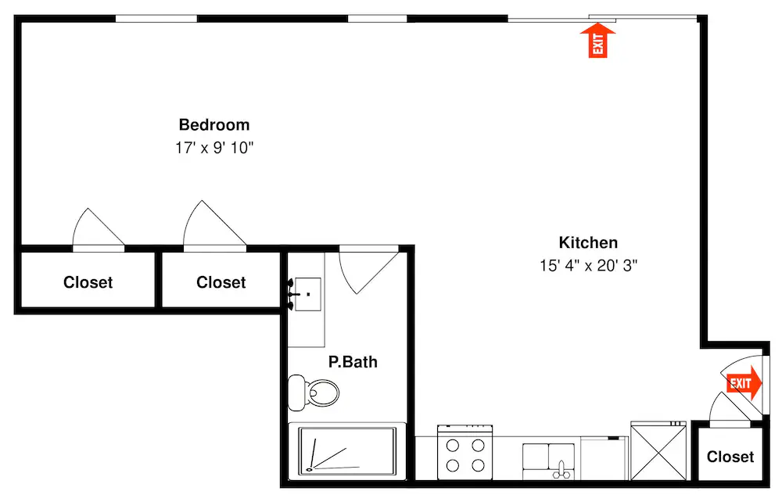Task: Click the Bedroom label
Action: point(214,124)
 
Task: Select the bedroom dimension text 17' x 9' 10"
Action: point(214,148)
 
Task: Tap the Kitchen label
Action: point(588,242)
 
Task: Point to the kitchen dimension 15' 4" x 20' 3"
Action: point(589,265)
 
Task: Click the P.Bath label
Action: point(353,361)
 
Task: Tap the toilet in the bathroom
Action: point(314,393)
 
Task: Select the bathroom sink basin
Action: point(307,294)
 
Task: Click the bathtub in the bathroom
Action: point(347,450)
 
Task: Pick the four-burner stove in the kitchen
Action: point(465,452)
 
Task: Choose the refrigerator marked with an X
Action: point(658,451)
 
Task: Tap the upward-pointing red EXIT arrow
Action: point(598,41)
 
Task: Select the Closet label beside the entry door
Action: point(730,457)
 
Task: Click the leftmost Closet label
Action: point(88,282)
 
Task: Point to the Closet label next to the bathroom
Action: point(221,282)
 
